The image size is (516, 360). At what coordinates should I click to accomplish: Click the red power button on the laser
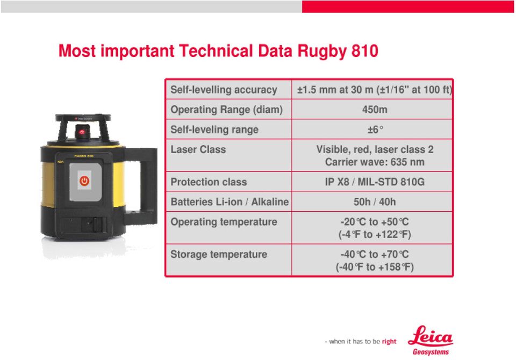point(84,181)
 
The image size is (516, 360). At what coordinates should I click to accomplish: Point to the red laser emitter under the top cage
point(82,132)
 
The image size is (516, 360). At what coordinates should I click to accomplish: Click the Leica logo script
point(430,336)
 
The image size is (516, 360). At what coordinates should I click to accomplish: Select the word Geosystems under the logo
point(431,352)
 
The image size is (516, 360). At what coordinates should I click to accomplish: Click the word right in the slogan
point(389,342)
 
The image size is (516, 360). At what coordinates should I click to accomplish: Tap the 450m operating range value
point(375,109)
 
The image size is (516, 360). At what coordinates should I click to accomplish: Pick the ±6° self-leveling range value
point(375,129)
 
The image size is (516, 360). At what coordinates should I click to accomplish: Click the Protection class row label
point(209,182)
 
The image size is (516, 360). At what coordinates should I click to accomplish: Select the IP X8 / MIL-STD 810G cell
point(375,182)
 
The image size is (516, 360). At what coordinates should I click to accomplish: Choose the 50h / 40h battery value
point(375,201)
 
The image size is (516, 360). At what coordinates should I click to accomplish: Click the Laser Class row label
point(198,149)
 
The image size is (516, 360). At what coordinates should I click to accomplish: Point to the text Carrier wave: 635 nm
point(375,162)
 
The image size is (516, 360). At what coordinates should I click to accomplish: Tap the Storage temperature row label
point(219,254)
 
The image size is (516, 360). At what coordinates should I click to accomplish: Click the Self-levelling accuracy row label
point(224,90)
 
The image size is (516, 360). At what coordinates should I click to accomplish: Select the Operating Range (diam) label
point(226,110)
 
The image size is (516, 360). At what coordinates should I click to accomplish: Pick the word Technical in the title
point(216,51)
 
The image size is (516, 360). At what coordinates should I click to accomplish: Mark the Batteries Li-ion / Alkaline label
point(230,201)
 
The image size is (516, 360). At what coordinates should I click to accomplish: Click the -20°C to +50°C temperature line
point(375,222)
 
